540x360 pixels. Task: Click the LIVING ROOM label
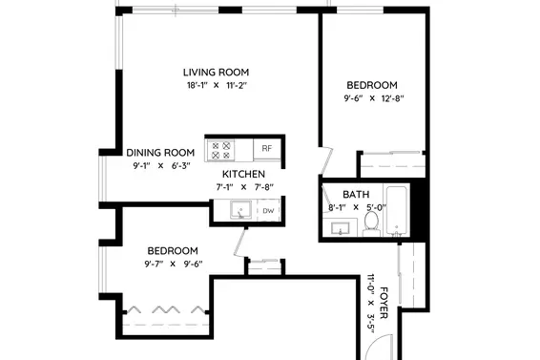(x=216, y=73)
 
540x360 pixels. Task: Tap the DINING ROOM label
(x=160, y=153)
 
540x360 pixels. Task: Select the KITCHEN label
(x=243, y=174)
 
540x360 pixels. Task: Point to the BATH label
(x=356, y=195)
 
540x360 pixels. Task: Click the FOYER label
(x=384, y=303)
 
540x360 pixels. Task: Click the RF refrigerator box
(x=267, y=149)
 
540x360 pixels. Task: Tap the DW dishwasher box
(x=268, y=210)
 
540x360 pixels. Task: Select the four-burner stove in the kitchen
(x=220, y=150)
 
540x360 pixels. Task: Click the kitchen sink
(x=240, y=210)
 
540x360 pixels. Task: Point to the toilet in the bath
(x=370, y=223)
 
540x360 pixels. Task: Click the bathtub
(x=397, y=211)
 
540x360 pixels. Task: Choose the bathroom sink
(x=341, y=228)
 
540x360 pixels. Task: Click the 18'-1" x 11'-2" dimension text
(x=217, y=85)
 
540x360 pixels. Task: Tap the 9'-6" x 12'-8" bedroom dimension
(x=374, y=98)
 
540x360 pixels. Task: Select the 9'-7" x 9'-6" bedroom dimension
(x=174, y=265)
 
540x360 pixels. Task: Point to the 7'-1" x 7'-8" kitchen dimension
(x=244, y=187)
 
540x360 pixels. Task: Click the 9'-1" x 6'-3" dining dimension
(x=161, y=166)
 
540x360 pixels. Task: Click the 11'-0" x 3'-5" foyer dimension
(x=370, y=304)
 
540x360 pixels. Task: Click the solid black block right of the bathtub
(x=418, y=208)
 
